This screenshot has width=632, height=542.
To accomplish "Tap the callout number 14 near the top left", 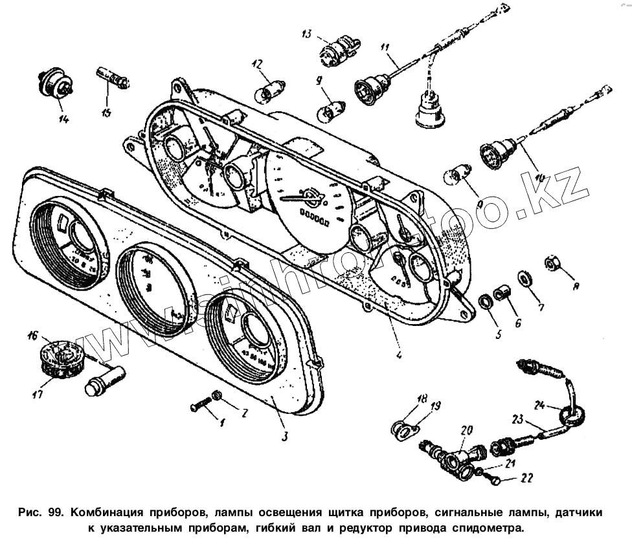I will click(63, 118).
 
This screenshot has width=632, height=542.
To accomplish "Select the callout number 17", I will click(38, 393).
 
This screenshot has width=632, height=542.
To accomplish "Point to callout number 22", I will click(526, 479).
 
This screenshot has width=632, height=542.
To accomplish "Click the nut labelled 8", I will click(554, 264).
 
